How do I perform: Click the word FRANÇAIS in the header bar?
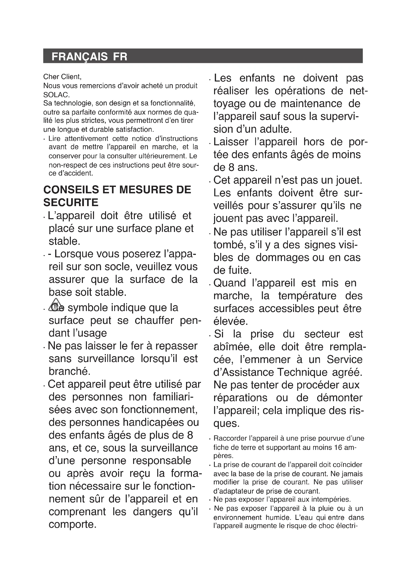tap(79, 57)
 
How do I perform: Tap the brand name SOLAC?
tap(56, 95)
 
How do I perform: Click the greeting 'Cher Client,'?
tap(62, 77)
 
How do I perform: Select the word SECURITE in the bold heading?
tap(71, 202)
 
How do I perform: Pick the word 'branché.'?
tap(69, 371)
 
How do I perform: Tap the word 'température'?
tap(307, 296)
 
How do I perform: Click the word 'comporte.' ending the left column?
tap(72, 525)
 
